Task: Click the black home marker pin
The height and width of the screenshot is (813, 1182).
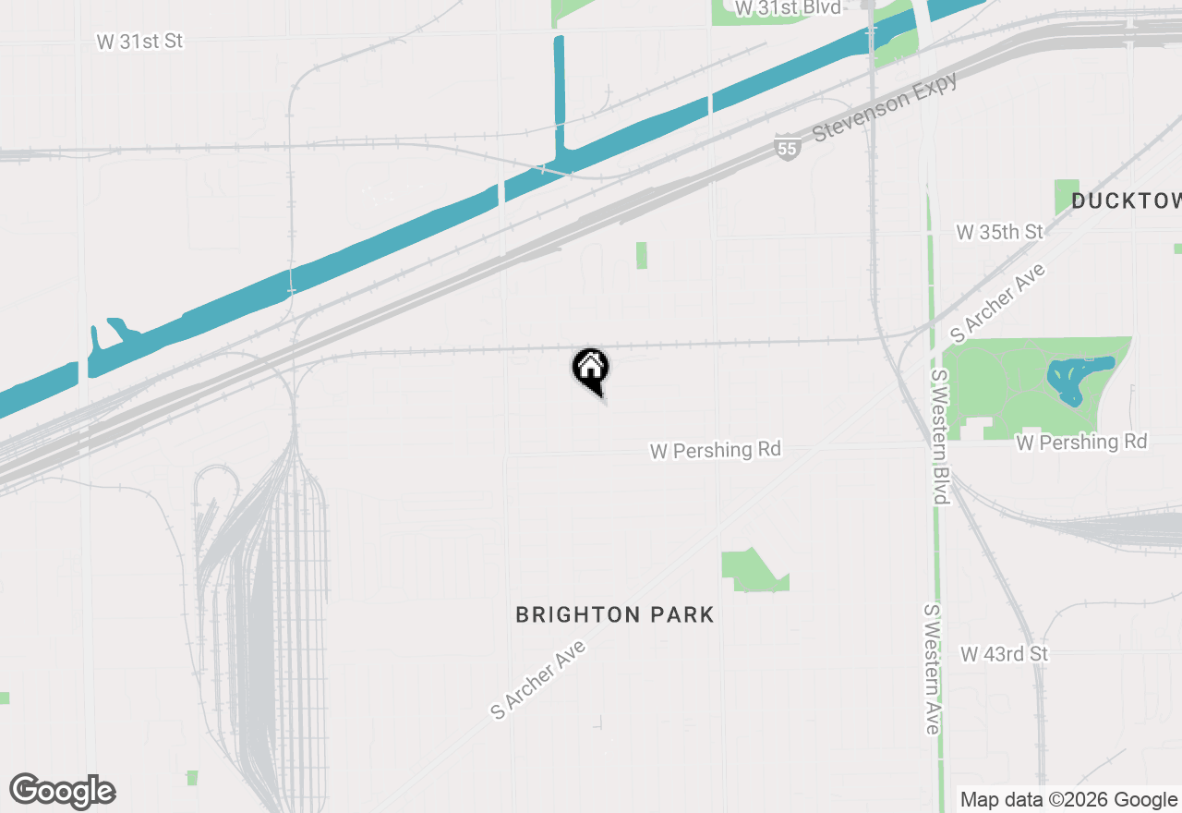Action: pos(591,370)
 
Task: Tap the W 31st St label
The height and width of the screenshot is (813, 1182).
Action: pos(139,42)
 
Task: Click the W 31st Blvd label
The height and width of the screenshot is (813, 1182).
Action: pos(788,7)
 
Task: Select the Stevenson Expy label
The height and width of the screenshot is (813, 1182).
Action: pos(884,107)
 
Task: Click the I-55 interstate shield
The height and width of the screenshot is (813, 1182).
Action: pos(787,147)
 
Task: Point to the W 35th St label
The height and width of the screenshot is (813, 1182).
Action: pos(999,232)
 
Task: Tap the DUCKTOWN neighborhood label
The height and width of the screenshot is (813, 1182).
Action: pos(1126,201)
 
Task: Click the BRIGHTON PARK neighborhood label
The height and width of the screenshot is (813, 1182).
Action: pos(615,615)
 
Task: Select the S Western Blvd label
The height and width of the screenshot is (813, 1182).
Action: pos(940,437)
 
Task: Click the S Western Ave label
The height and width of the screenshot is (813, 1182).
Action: pos(932,669)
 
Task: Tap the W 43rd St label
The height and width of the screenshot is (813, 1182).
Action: pos(1005,654)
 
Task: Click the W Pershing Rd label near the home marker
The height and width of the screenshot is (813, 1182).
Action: pos(716,451)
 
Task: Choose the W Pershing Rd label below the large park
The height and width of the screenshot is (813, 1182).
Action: pos(1081,443)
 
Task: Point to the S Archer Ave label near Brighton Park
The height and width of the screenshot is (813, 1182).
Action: pos(539,678)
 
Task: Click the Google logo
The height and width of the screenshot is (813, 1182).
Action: pos(63,792)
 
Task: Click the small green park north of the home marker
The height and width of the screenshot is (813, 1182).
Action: pos(641,256)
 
